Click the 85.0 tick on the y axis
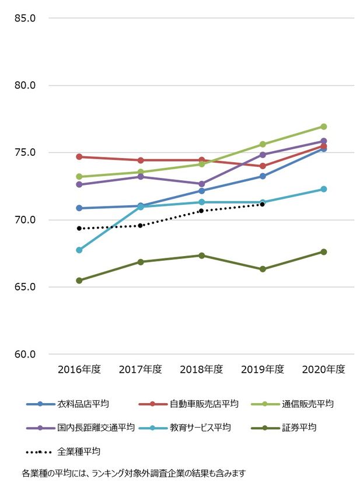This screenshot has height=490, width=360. click(25, 18)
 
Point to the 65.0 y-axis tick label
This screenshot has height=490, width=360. click(25, 287)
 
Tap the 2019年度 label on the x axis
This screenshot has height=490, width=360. click(263, 369)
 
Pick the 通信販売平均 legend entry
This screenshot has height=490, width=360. click(307, 404)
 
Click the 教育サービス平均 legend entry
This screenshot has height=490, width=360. click(200, 428)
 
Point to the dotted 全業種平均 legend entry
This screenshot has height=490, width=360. click(79, 452)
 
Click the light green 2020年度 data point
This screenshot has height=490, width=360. click(323, 127)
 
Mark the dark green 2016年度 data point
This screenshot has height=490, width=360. click(79, 281)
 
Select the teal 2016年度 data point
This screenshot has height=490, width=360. click(79, 250)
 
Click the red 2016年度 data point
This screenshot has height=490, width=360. click(79, 157)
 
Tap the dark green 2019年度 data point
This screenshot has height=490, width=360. click(263, 269)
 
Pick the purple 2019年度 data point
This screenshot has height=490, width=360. click(263, 155)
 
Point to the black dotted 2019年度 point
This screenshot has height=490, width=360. click(263, 204)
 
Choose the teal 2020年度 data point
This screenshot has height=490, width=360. click(323, 189)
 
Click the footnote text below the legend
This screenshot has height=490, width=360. click(134, 473)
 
